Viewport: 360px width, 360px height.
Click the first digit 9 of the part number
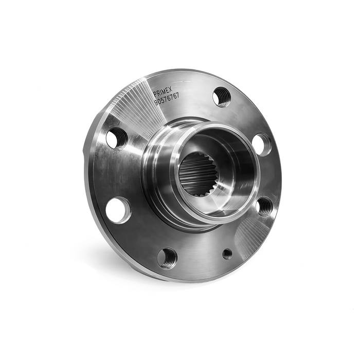click(x=156, y=103)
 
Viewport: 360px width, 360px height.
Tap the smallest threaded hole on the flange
click(x=227, y=254)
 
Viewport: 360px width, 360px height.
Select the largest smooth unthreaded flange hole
click(x=118, y=210)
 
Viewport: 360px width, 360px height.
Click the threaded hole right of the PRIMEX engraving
click(x=222, y=97)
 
